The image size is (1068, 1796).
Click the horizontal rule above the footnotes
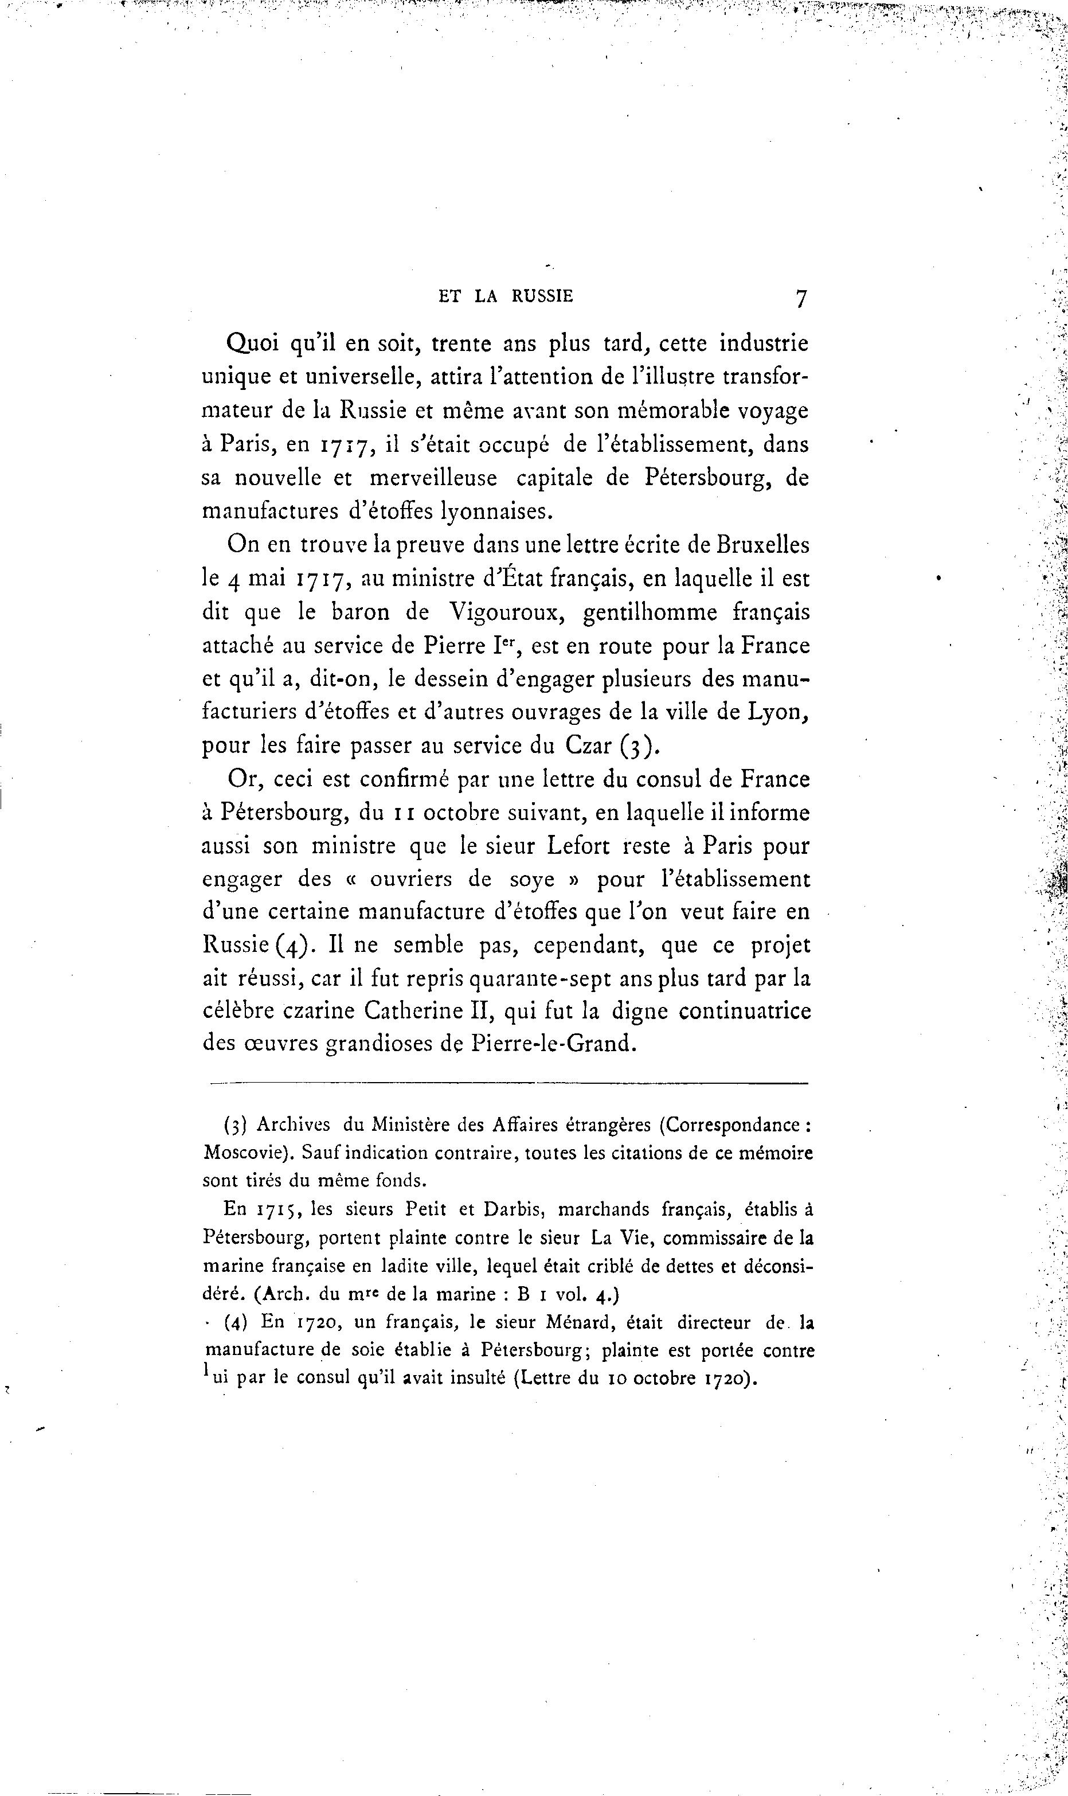point(509,1083)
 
